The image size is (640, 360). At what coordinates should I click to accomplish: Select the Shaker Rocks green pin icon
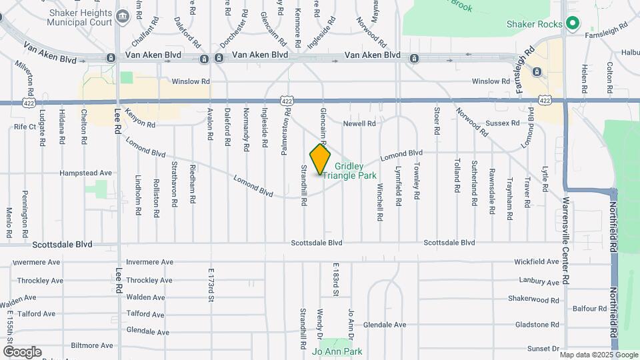point(572,24)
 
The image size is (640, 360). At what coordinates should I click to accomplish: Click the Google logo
point(22,351)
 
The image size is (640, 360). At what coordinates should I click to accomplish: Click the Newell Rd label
point(359,123)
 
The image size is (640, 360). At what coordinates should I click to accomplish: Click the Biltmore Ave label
point(94,345)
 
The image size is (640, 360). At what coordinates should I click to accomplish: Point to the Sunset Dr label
point(543,349)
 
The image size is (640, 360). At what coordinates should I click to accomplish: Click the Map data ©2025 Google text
point(599,355)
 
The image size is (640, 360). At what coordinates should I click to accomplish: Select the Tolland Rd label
point(457,175)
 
